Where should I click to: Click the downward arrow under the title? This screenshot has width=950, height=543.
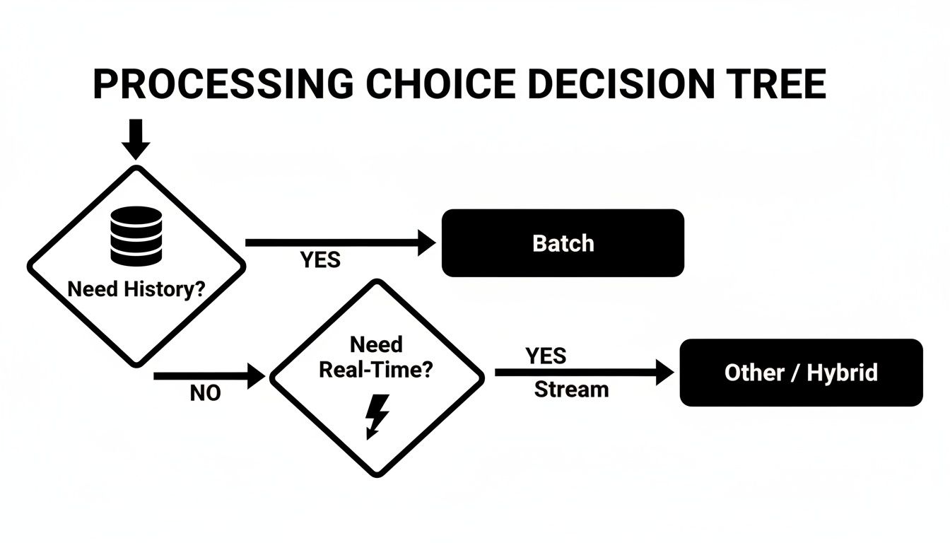pyautogui.click(x=136, y=139)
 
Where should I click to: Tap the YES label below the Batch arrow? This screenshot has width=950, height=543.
pyautogui.click(x=320, y=260)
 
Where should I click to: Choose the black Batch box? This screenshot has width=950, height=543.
pyautogui.click(x=563, y=243)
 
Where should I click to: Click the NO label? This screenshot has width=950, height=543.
pyautogui.click(x=205, y=394)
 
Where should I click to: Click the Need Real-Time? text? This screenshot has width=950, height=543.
pyautogui.click(x=375, y=357)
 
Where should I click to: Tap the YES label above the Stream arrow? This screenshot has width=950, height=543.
pyautogui.click(x=546, y=356)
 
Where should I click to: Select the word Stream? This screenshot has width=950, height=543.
pyautogui.click(x=571, y=389)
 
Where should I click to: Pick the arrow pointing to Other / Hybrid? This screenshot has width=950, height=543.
pyautogui.click(x=584, y=372)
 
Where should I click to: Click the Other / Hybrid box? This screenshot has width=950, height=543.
pyautogui.click(x=801, y=373)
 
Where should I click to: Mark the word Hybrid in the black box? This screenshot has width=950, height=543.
pyautogui.click(x=842, y=373)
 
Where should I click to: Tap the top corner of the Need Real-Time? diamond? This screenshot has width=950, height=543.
pyautogui.click(x=377, y=282)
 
